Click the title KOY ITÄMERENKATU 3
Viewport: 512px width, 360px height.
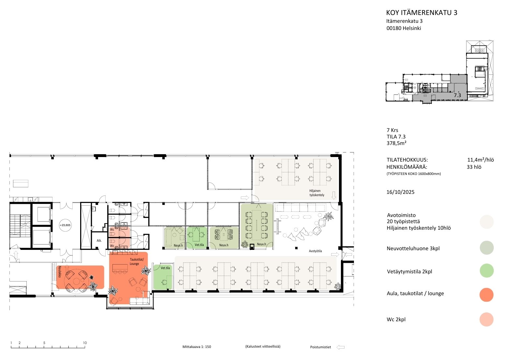[421, 13]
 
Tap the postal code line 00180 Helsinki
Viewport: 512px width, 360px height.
[404, 28]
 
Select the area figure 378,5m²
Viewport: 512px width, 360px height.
[396, 143]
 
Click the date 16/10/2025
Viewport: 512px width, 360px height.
[400, 192]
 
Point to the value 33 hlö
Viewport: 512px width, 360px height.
[474, 167]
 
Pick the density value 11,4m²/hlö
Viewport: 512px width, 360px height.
[480, 160]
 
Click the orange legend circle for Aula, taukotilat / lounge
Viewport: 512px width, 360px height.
[486, 295]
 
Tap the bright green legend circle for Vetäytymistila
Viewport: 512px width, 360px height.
[486, 270]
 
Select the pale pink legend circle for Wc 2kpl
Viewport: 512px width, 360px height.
[486, 319]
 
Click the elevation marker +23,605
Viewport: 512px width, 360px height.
[65, 225]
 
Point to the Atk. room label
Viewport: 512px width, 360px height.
[99, 240]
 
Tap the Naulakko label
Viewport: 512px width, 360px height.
[60, 272]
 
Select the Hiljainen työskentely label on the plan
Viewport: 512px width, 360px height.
[317, 193]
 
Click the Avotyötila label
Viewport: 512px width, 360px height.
[315, 251]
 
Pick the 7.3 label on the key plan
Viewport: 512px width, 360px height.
[457, 95]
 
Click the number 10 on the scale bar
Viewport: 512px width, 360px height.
[85, 343]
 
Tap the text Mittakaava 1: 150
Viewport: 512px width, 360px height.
[197, 347]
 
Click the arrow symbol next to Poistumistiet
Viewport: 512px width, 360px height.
[341, 347]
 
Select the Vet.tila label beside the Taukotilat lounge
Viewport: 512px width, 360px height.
[165, 268]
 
